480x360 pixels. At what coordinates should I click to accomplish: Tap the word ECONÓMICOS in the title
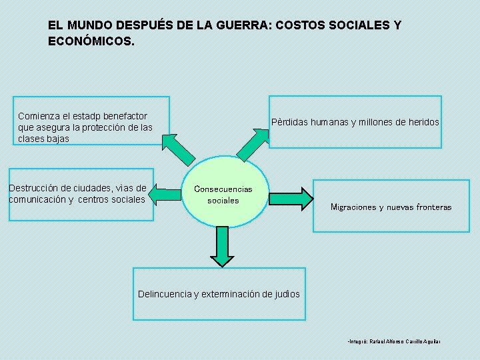pos(90,41)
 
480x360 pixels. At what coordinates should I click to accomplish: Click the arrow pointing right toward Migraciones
pos(291,199)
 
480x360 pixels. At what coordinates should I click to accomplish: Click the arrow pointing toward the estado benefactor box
pos(179,149)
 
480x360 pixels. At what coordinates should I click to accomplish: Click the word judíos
pos(287,294)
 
